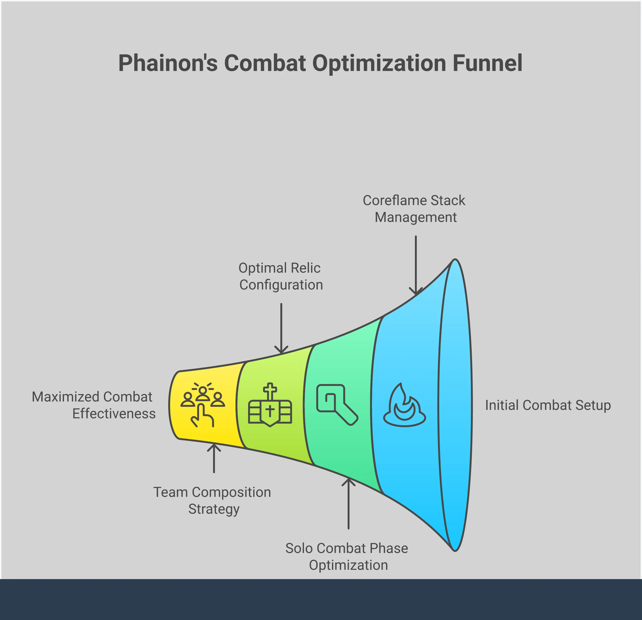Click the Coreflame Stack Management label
pos(414,209)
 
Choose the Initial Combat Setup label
pos(548,405)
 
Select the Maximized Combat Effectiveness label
pos(94,405)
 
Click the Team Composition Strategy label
pos(212,500)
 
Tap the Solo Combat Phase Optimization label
pos(347,556)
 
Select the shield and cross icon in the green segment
pos(270,405)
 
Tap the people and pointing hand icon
pos(203,405)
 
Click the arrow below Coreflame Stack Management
pos(416,265)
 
